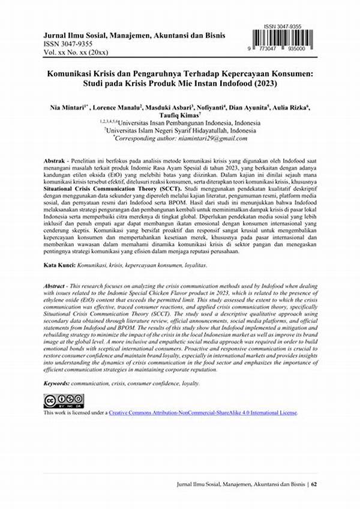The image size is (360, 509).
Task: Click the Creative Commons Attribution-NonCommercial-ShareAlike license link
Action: (202, 413)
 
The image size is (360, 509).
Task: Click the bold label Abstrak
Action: (58, 161)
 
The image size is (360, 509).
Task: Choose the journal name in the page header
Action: (125, 34)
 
